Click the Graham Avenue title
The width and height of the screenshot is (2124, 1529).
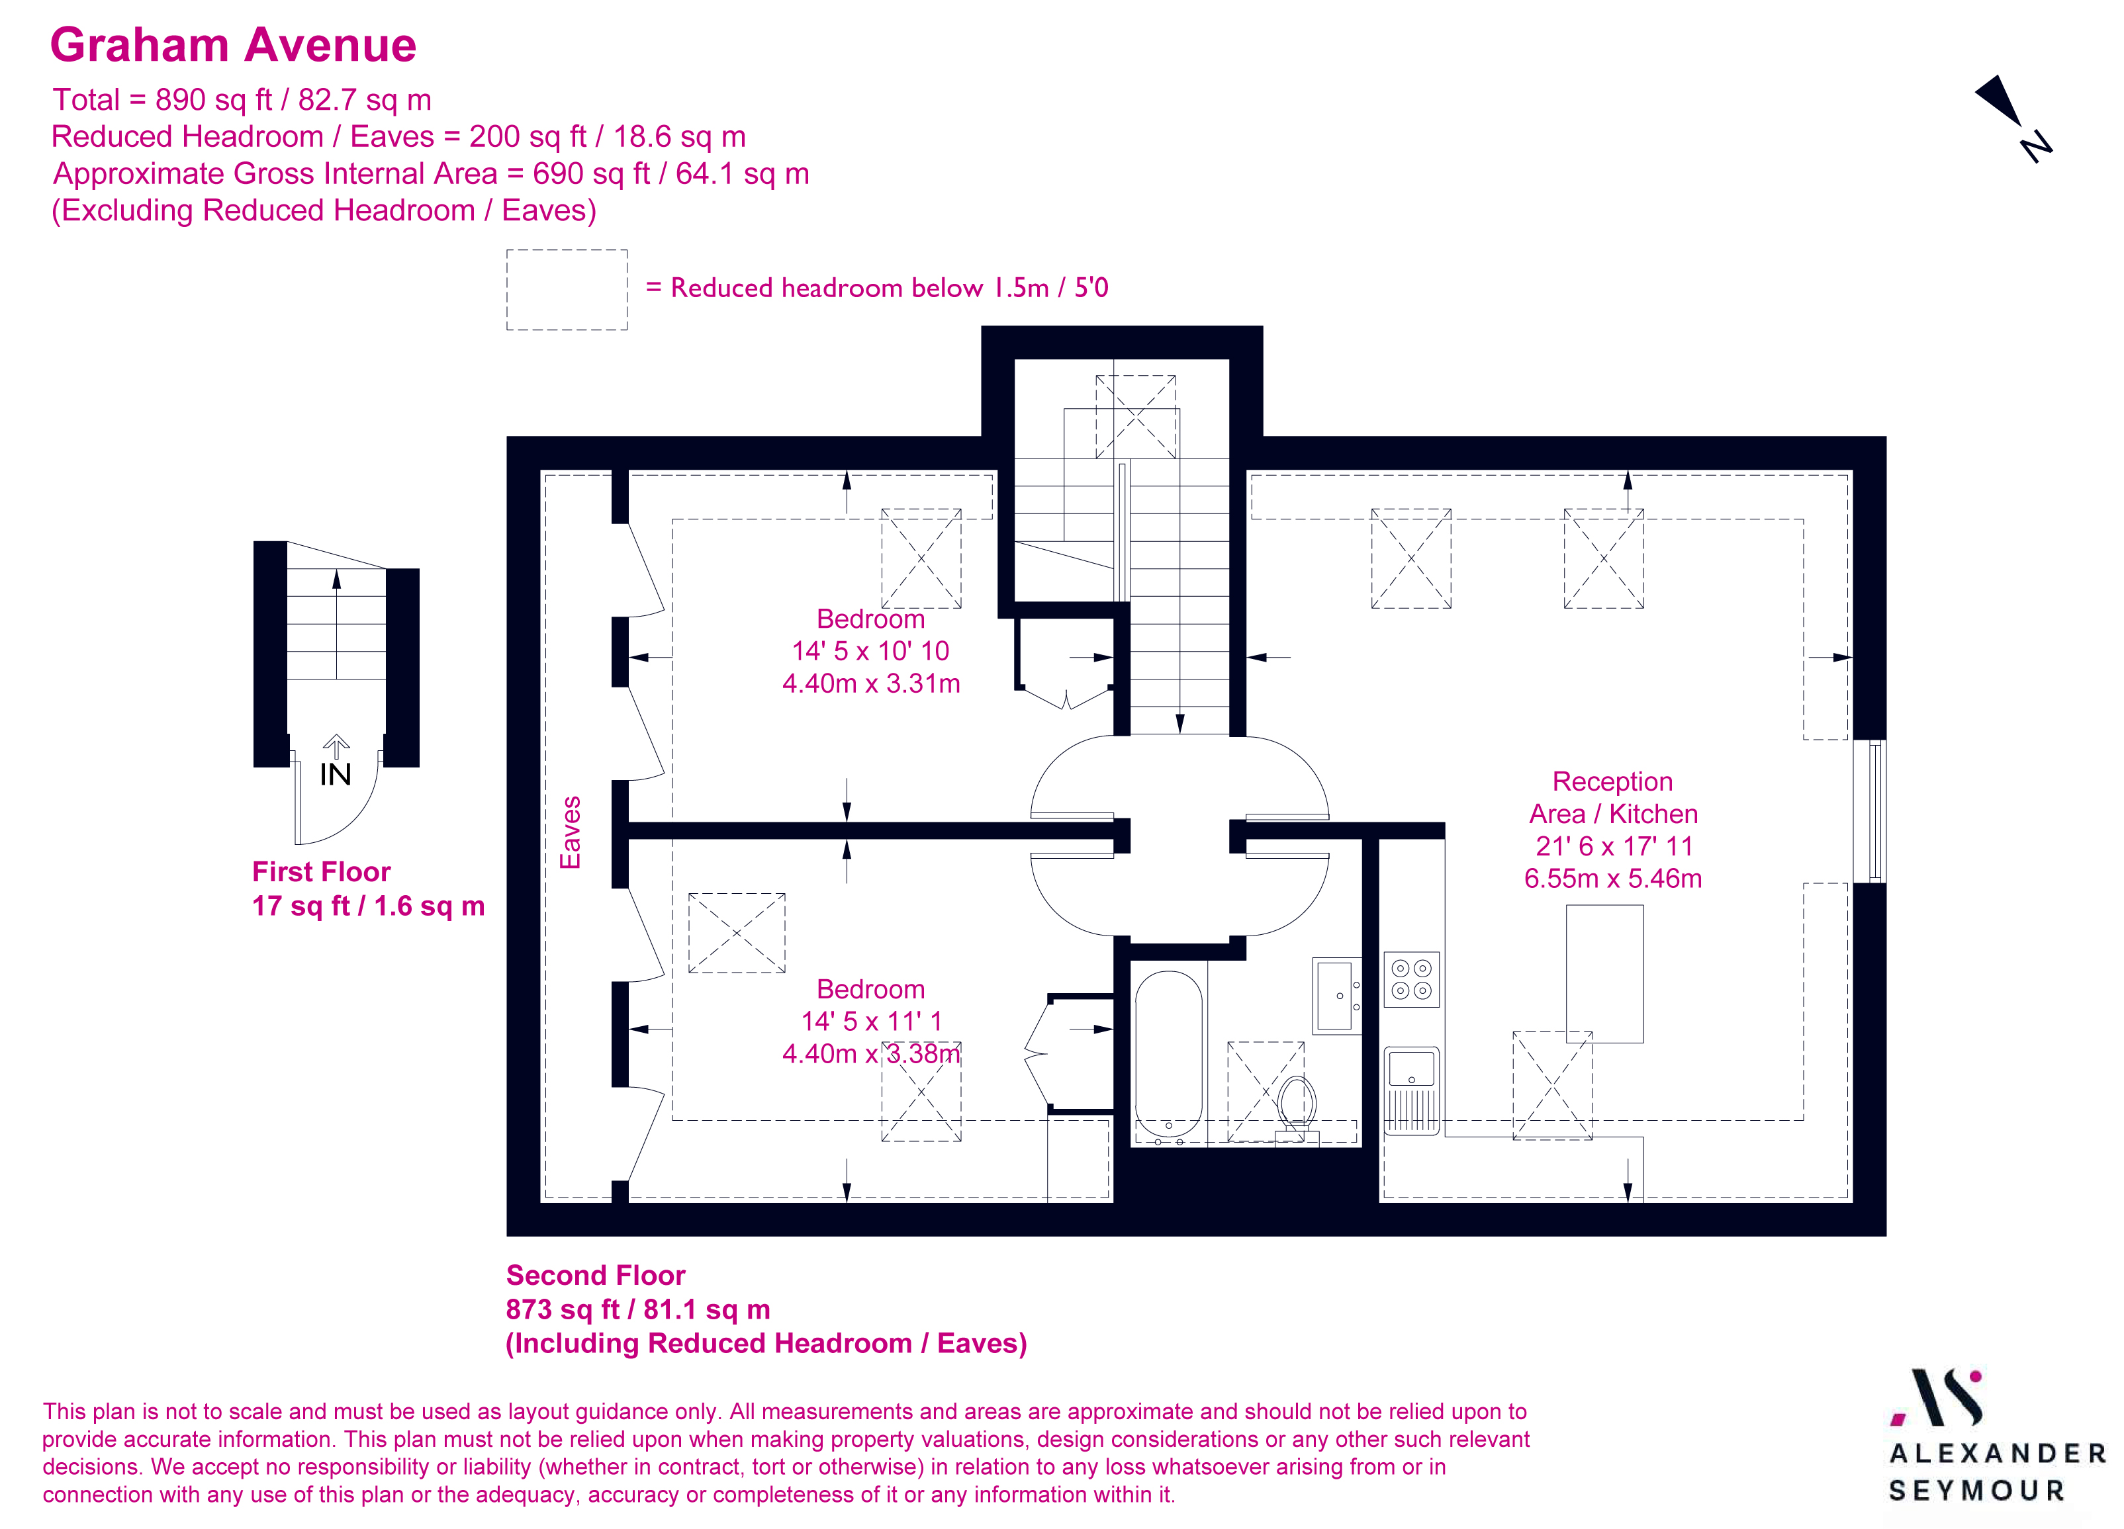coord(232,45)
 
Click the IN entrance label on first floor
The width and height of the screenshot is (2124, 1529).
coord(336,773)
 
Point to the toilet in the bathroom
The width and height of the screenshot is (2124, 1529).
coord(1296,1106)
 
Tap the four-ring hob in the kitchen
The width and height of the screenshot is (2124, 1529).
coord(1410,979)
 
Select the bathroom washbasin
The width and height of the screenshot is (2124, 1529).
coord(1336,994)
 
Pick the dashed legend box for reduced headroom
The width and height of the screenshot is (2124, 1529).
coord(567,289)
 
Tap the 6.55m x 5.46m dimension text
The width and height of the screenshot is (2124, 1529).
coord(1612,878)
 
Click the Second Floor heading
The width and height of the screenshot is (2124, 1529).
coord(596,1275)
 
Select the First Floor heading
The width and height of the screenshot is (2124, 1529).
coord(320,872)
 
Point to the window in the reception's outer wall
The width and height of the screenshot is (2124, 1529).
coord(1869,811)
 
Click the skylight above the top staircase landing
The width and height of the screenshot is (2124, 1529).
coord(1135,417)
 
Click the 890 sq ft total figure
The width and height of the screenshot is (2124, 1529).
coord(212,100)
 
